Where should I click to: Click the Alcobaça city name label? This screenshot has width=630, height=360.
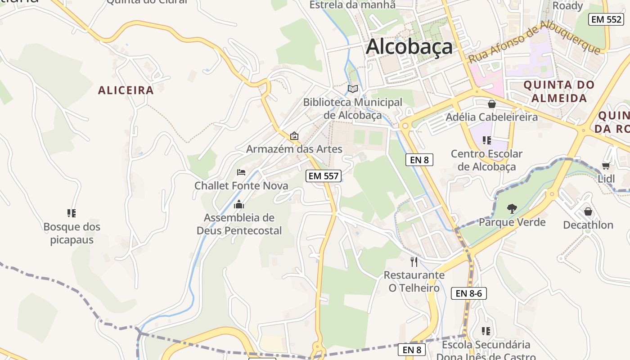tap(409, 47)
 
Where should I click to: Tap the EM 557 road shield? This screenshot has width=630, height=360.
tap(323, 176)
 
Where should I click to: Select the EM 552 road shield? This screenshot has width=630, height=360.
tap(606, 19)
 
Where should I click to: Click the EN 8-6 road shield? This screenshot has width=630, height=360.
tap(468, 293)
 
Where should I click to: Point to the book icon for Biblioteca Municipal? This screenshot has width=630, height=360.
tap(353, 89)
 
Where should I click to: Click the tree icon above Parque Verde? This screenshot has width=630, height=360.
tap(512, 208)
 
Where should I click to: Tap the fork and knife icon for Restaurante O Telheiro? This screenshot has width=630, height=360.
tap(414, 261)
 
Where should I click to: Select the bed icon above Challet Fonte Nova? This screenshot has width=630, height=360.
tap(241, 172)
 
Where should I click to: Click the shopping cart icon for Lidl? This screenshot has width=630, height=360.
tap(606, 166)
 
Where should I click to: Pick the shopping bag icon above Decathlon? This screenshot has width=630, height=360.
tap(588, 211)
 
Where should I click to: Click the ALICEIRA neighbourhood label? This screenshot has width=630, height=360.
tap(126, 90)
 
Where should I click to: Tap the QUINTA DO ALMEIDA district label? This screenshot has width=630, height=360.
tap(559, 91)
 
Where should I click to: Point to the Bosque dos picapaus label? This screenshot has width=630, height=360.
tap(72, 233)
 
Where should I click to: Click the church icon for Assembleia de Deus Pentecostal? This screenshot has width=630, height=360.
tap(239, 204)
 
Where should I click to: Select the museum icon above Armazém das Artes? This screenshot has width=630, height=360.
tap(294, 135)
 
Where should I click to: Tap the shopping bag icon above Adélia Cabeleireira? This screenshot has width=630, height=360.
tap(491, 104)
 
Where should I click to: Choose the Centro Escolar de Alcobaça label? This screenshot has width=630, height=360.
tap(486, 160)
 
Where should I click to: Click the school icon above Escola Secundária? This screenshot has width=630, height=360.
tap(486, 331)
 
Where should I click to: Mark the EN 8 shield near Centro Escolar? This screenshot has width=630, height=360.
tap(419, 159)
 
